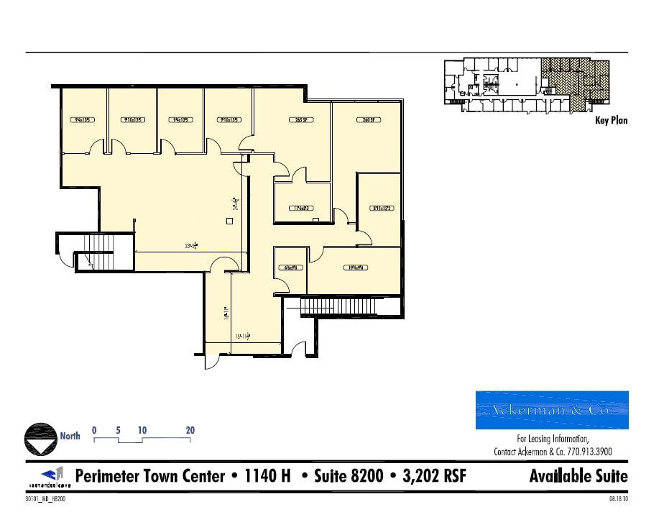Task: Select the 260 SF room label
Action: point(370,120)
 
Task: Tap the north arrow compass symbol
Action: point(41,438)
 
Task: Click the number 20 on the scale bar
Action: point(190,430)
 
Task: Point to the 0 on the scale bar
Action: point(94,430)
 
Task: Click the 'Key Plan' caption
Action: point(611,120)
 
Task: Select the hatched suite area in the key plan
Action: point(575,79)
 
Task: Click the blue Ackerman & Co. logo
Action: point(552,410)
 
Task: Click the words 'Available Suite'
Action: point(578,476)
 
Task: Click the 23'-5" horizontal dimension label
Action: point(191,246)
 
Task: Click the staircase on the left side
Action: point(94,252)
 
